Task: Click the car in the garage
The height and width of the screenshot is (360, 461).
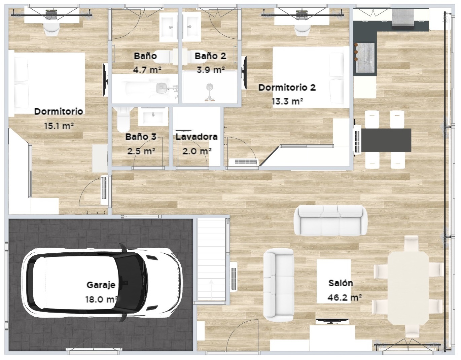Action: pos(102,283)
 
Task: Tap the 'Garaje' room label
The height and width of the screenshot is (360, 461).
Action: pos(101,285)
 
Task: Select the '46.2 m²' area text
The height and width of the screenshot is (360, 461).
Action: pos(345,298)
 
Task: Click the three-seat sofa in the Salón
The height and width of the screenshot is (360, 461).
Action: pos(330,220)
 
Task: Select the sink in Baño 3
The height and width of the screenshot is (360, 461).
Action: pos(153,116)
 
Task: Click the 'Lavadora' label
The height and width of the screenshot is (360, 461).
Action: pos(197,137)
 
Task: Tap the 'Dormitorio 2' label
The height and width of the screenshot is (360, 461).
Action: pos(287,87)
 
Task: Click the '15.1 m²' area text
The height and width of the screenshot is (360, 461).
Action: pos(59,126)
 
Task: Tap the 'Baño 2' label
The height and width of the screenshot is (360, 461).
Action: pos(210,56)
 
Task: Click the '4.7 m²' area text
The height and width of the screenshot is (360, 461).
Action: pos(147,70)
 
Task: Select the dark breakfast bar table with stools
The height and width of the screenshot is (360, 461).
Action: pos(386,140)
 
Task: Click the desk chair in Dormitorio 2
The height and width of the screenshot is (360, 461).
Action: pos(302,30)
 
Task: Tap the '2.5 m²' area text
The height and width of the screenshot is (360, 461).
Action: pos(141,151)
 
